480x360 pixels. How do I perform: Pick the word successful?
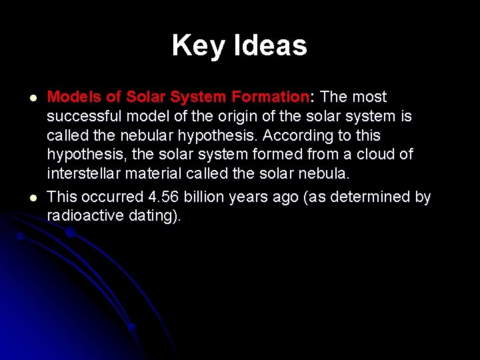pyautogui.click(x=83, y=117)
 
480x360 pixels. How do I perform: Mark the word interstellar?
pyautogui.click(x=83, y=174)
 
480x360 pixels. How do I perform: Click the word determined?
pyautogui.click(x=380, y=197)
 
